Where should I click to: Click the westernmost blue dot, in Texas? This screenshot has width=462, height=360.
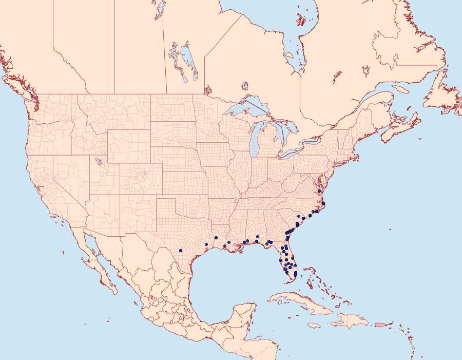coord(181,251)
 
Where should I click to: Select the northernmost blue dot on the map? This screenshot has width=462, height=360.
coord(319,191)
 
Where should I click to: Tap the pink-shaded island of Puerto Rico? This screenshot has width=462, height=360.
coord(380,325)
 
